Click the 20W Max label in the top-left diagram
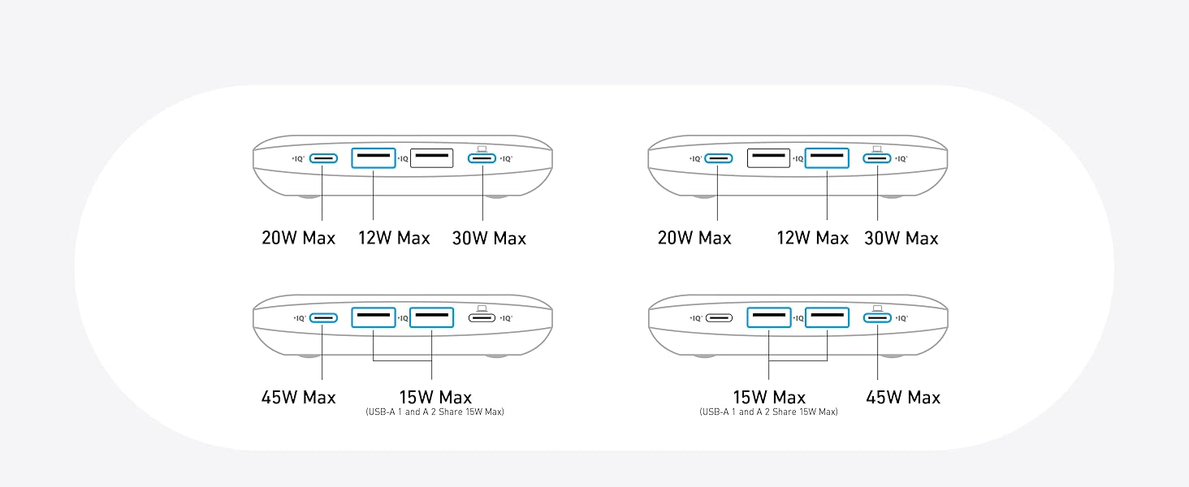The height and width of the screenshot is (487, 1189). click(298, 238)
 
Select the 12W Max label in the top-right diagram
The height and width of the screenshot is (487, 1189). click(813, 238)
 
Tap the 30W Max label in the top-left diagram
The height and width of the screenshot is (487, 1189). click(489, 238)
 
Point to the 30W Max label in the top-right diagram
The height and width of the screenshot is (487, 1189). click(901, 238)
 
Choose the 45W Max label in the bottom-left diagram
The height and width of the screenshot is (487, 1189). click(298, 398)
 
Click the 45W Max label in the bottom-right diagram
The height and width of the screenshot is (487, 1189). click(903, 398)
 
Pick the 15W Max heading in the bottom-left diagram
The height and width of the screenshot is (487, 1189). click(435, 398)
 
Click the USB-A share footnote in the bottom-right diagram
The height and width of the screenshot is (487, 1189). click(768, 412)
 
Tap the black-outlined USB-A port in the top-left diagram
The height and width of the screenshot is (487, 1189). click(431, 158)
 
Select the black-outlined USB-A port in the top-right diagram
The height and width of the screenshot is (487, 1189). click(768, 158)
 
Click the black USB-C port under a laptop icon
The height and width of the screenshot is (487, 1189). click(482, 318)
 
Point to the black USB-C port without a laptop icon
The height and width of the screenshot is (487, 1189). click(718, 318)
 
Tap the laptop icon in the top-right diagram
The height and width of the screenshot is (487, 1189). click(877, 149)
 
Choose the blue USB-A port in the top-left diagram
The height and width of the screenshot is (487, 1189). click(374, 158)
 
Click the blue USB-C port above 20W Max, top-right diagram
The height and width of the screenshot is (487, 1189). click(718, 158)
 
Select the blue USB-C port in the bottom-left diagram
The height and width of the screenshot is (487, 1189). click(323, 318)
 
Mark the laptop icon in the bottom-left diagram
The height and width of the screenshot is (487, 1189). click(482, 308)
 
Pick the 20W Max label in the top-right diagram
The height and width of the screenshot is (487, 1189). click(694, 238)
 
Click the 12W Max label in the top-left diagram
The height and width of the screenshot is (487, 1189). click(394, 238)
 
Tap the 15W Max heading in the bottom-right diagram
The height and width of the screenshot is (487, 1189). click(769, 398)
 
